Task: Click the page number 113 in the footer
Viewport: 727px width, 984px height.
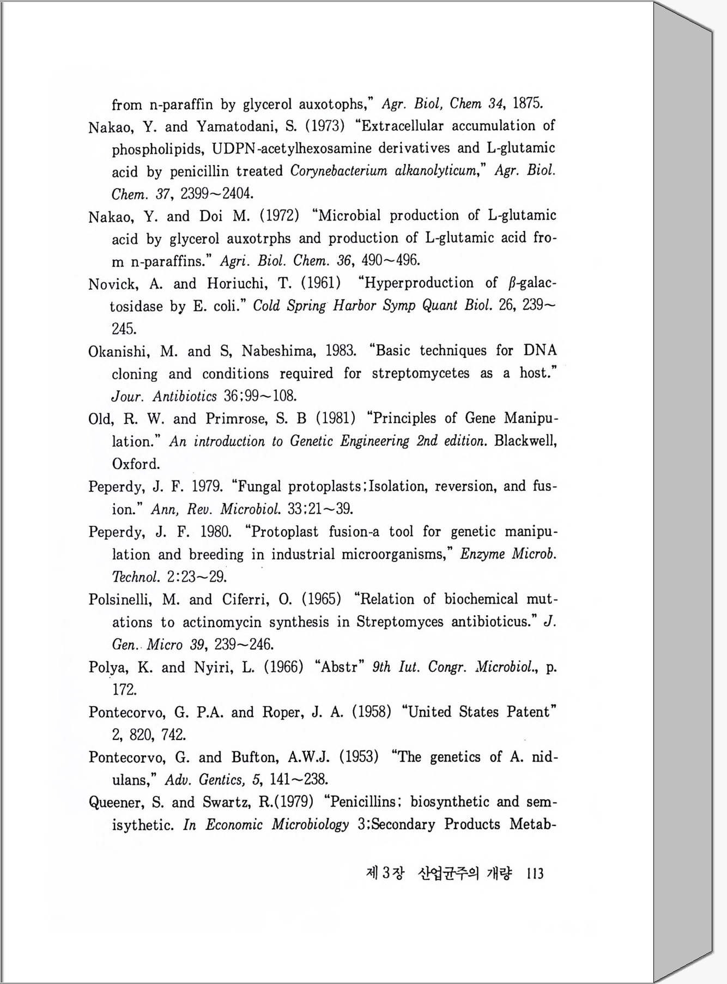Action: coord(535,873)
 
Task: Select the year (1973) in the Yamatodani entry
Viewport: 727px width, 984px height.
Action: coord(325,126)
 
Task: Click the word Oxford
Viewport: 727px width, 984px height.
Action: coord(136,464)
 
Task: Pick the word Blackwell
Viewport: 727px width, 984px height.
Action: coord(525,441)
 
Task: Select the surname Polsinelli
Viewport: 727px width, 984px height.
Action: coord(122,599)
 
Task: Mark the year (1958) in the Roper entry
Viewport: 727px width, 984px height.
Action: coord(372,712)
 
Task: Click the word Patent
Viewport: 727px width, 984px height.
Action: coord(531,712)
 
